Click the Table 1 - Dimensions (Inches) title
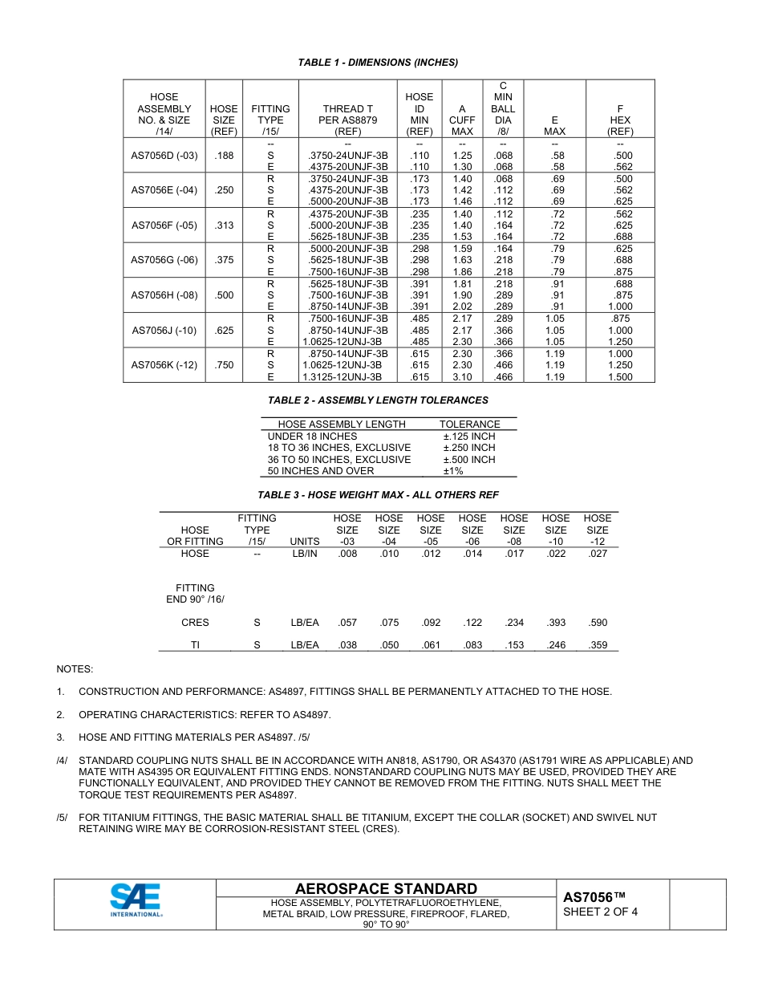coord(378,63)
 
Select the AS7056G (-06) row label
coord(164,260)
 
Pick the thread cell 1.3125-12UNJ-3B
coord(342,376)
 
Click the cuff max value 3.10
coord(462,376)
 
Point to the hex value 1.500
coord(620,376)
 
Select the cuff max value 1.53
coord(462,237)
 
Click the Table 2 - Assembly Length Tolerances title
coord(378,400)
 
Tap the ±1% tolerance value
coord(453,471)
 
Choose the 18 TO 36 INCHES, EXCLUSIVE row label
coord(338,448)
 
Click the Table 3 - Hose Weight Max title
coord(378,495)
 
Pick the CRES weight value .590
coord(598,623)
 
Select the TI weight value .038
coord(347,645)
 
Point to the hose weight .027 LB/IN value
coord(598,554)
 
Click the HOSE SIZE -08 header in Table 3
coord(514,530)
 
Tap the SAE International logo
coord(136,900)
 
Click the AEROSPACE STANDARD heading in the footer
coord(386,888)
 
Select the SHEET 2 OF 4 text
coord(600,912)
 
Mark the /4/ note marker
coord(62,761)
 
